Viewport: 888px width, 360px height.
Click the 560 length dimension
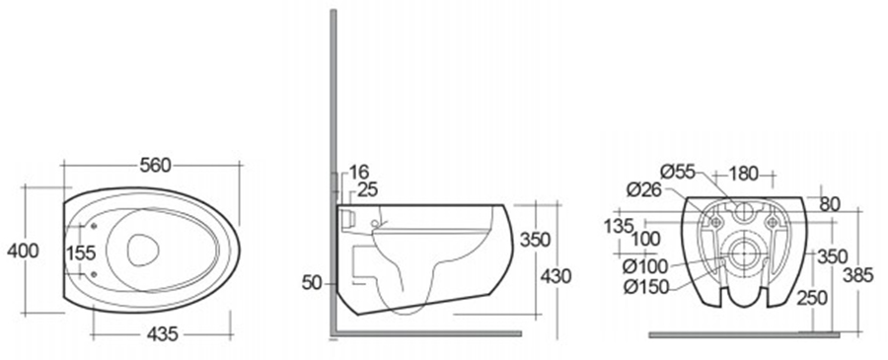(155, 166)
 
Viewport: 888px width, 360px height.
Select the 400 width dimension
(23, 251)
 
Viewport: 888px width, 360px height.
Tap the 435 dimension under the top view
(163, 334)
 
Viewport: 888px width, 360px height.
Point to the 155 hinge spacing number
(81, 253)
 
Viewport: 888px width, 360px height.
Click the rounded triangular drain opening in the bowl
(142, 250)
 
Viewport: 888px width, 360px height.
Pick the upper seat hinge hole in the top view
(93, 227)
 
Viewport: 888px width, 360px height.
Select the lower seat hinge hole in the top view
(93, 275)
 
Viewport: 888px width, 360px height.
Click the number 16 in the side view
(359, 172)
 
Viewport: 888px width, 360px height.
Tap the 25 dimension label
(368, 189)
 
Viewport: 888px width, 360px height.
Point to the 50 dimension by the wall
(312, 283)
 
